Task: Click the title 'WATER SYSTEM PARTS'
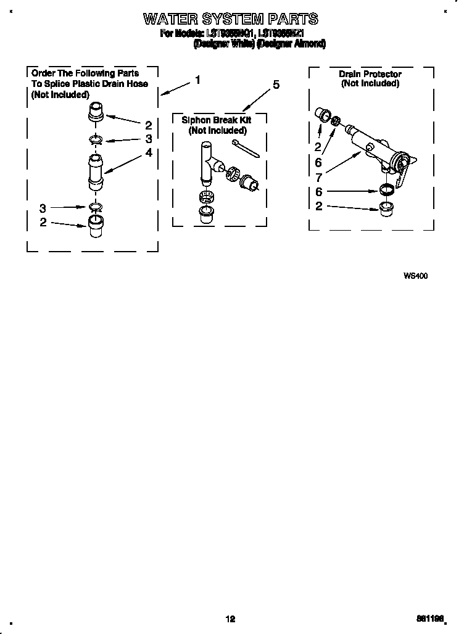pyautogui.click(x=231, y=19)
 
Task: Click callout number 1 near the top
pyautogui.click(x=197, y=80)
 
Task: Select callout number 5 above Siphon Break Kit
pyautogui.click(x=276, y=84)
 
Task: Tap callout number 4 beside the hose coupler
pyautogui.click(x=148, y=152)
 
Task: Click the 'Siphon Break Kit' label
pyautogui.click(x=217, y=120)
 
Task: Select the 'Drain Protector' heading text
pyautogui.click(x=370, y=74)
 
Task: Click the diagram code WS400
pyautogui.click(x=415, y=276)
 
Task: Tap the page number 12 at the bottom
pyautogui.click(x=231, y=619)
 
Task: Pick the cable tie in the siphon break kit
pyautogui.click(x=246, y=149)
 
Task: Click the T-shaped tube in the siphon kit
pyautogui.click(x=208, y=162)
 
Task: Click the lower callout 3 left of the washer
pyautogui.click(x=43, y=208)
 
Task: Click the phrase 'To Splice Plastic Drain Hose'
pyautogui.click(x=89, y=84)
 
